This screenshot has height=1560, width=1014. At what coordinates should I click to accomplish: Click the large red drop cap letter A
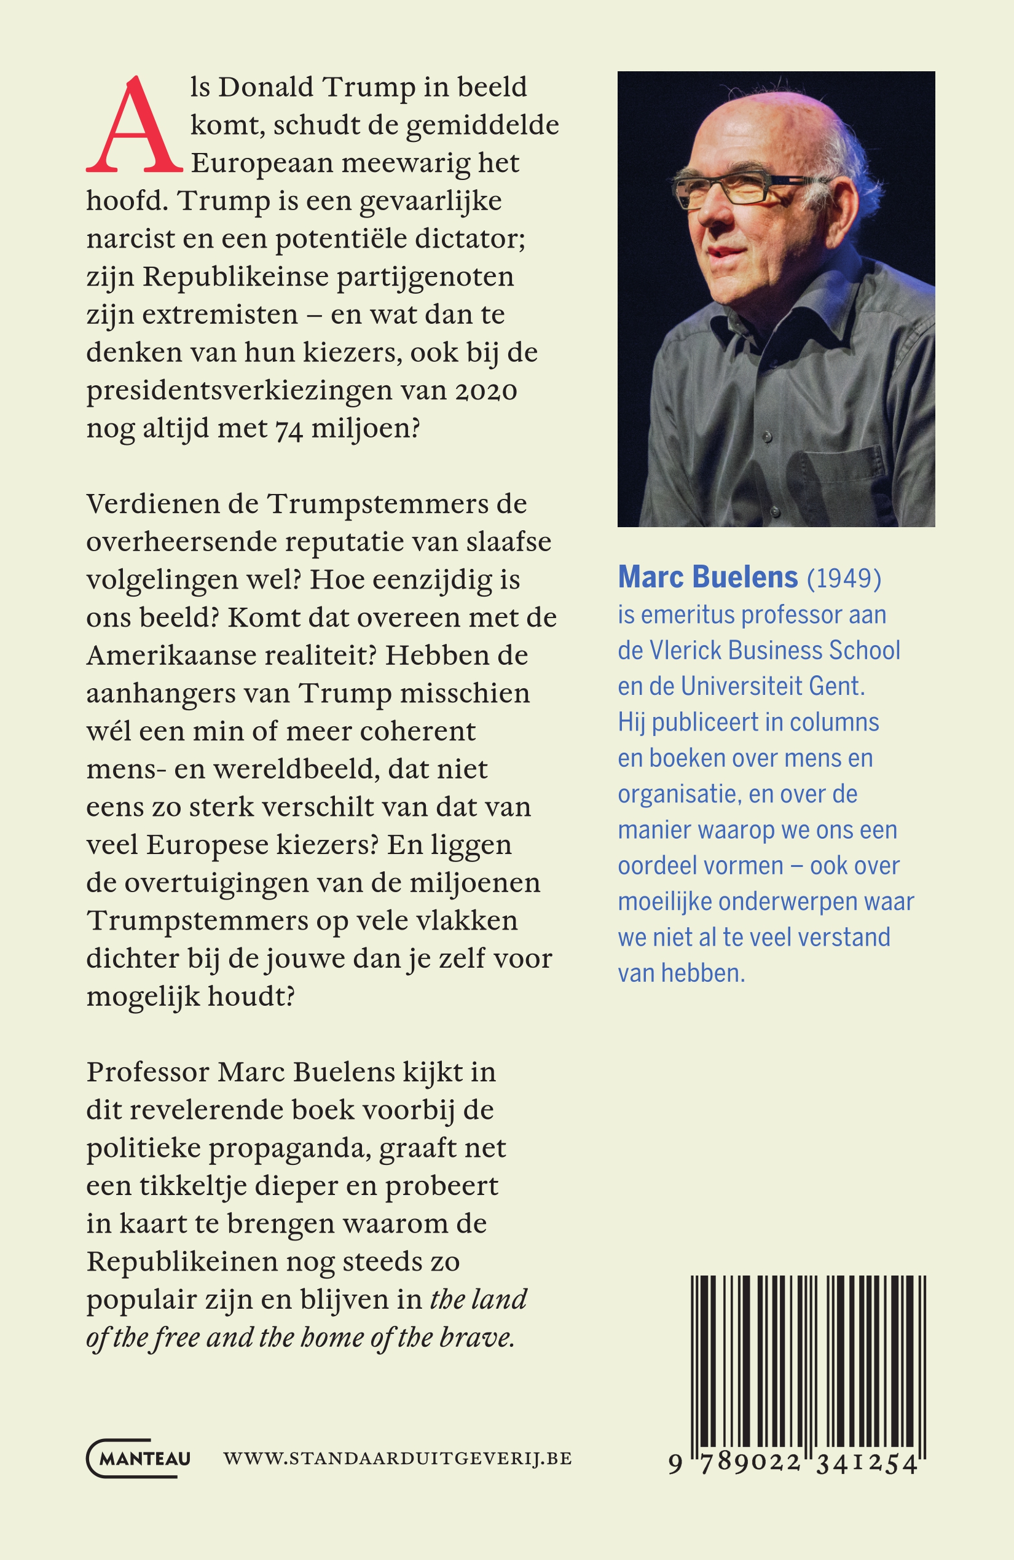(x=134, y=126)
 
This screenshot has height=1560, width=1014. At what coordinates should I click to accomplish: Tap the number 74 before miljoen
(x=288, y=429)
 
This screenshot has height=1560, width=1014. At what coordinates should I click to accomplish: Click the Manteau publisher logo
(x=139, y=1458)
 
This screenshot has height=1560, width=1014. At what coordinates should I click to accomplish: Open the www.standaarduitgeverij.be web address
(x=397, y=1459)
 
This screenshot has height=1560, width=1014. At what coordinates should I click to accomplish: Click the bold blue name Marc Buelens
(x=708, y=578)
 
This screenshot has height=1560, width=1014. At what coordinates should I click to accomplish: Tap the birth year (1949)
(x=844, y=579)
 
